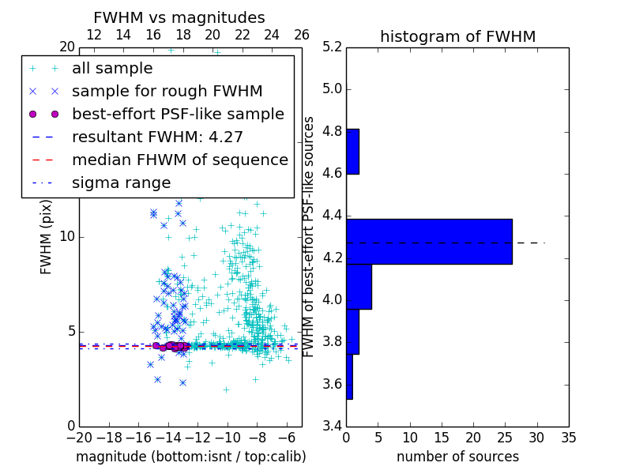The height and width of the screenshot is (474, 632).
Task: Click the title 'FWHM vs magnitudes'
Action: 179,17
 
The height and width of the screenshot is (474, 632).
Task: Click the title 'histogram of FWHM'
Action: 457,36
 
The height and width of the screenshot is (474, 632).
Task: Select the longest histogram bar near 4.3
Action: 429,241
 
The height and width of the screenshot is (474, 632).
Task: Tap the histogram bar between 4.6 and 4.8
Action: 352,151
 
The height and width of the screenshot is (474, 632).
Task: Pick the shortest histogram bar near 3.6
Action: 349,377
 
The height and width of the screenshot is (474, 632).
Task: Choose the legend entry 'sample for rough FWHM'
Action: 167,91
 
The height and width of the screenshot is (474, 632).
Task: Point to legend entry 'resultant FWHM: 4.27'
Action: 157,137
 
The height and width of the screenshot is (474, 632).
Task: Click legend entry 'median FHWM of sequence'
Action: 179,160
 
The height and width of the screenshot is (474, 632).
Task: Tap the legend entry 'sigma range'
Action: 121,182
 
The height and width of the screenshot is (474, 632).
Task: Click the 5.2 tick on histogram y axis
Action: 332,47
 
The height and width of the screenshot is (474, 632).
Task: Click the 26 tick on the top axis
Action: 302,35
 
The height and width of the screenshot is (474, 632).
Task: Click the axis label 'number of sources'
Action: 457,457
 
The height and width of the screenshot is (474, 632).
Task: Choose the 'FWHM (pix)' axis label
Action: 47,236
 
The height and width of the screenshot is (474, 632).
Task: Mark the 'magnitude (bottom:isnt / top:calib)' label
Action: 190,457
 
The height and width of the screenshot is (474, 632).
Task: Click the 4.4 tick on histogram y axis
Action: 332,215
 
